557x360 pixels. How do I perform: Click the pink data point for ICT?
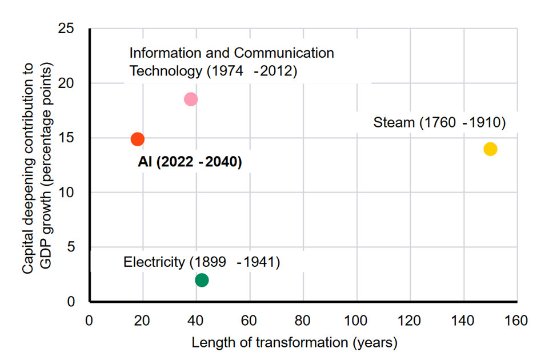(191, 99)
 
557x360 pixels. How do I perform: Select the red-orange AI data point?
(138, 139)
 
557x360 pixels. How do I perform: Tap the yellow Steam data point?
(490, 149)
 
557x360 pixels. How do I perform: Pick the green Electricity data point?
(202, 280)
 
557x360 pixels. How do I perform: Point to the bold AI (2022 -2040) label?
(190, 162)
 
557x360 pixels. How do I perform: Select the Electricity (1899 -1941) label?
(201, 263)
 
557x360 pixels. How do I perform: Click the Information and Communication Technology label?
(231, 62)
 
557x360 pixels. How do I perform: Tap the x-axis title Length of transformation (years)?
(294, 343)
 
